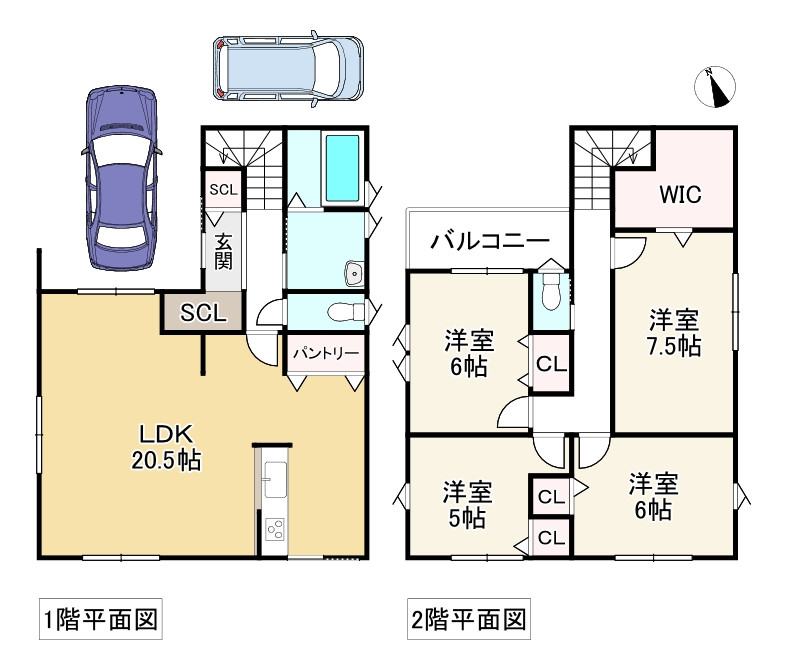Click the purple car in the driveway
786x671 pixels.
click(121, 178)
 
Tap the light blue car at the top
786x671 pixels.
click(288, 69)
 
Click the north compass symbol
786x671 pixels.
click(715, 87)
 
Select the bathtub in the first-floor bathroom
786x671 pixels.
click(342, 167)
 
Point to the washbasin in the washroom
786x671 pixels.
click(353, 274)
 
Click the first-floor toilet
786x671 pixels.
click(345, 312)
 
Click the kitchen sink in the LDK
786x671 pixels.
click(275, 480)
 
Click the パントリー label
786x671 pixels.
click(326, 353)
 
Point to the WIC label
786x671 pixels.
click(680, 194)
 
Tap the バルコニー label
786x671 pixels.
click(490, 242)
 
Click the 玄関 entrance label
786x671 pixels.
click(223, 252)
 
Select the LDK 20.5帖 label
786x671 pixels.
click(166, 447)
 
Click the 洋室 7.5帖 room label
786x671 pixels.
click(674, 333)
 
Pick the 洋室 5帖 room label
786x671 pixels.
click(467, 505)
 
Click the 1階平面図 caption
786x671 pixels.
click(101, 620)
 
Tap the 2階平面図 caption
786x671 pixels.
click(469, 620)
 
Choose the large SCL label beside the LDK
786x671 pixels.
click(203, 313)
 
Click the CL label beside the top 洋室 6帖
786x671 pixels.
click(551, 364)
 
